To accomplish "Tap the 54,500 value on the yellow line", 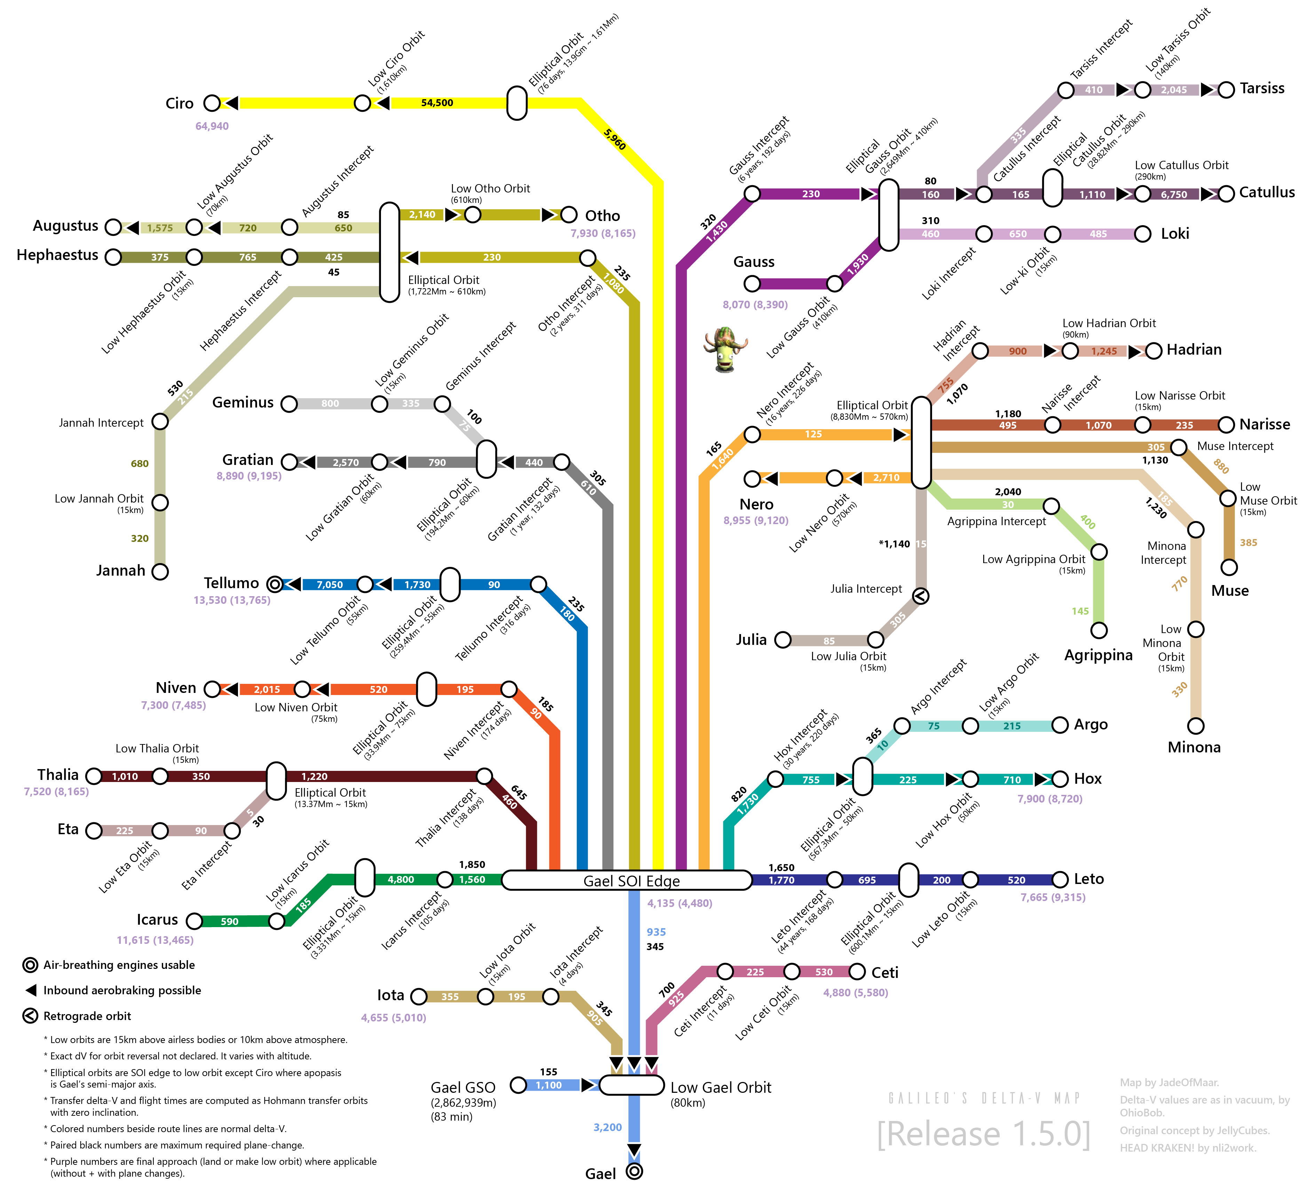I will tap(437, 103).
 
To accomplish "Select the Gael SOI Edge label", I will tap(631, 881).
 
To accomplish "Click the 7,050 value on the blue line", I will tap(329, 585).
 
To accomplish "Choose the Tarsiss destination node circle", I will tap(1226, 90).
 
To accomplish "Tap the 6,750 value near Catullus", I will tap(1174, 195).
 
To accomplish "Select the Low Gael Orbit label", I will tap(721, 1087).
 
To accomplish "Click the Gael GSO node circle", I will tap(518, 1085).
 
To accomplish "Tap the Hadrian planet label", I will tap(1194, 350).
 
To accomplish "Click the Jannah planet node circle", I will tap(160, 572).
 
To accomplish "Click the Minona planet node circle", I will tap(1195, 725).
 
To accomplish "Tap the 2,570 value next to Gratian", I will tap(345, 462).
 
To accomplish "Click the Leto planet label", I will tap(1089, 879).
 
